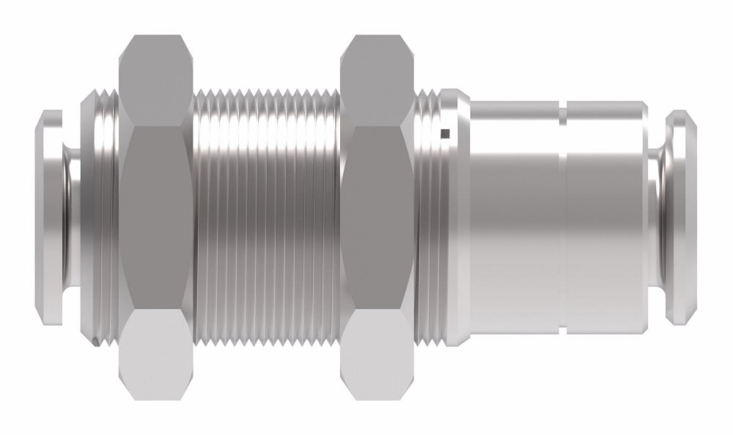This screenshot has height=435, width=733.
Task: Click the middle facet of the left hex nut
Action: pos(155,218)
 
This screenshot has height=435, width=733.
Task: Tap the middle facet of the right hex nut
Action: pos(380,218)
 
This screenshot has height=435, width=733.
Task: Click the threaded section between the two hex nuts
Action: pos(268,218)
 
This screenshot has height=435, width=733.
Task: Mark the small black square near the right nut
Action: pos(444,133)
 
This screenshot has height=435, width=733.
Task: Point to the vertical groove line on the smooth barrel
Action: pos(562,218)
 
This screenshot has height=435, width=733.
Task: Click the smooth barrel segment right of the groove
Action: pos(605,218)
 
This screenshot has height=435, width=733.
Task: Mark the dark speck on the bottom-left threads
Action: pos(97,341)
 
